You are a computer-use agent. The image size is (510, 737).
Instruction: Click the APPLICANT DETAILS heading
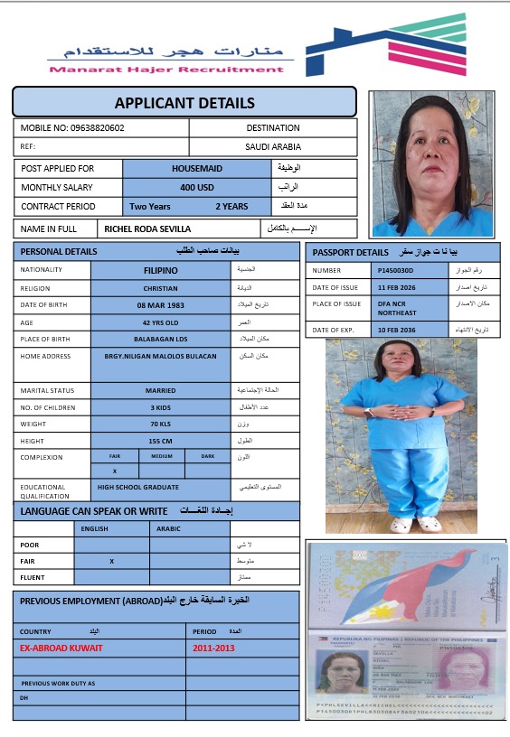pos(184,103)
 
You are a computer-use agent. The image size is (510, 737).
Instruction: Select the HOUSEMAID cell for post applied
pos(197,168)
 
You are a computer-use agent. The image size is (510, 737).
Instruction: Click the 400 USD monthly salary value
pos(197,187)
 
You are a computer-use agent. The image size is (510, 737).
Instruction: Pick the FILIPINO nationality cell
pos(161,269)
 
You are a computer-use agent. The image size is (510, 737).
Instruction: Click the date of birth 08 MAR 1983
pos(161,305)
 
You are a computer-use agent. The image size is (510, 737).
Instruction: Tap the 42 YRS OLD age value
pos(161,322)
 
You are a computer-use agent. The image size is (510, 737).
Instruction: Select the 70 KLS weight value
pos(160,424)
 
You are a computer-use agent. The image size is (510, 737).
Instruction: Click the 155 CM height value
pos(160,441)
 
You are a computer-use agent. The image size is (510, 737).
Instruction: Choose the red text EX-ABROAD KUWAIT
pos(61,648)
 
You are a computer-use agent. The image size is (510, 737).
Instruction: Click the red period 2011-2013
pos(213,648)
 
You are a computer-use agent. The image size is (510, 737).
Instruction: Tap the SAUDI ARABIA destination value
pos(273,146)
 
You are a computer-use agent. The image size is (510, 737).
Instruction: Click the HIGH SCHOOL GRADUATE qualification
pos(138,487)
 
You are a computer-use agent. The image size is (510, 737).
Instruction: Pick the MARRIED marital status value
pos(161,390)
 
